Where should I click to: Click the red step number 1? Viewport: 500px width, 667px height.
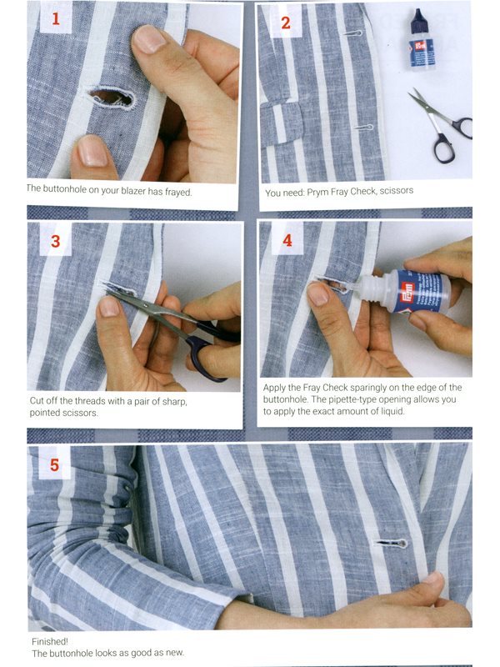[56, 19]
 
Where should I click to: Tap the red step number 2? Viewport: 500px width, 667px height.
[286, 23]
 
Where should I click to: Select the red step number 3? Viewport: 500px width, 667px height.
[56, 241]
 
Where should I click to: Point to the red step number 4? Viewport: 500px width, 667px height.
[287, 240]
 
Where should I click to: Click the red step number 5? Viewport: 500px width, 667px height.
[54, 465]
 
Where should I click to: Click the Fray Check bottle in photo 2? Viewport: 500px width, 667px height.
[421, 39]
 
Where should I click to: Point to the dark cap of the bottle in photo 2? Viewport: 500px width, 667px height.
[418, 16]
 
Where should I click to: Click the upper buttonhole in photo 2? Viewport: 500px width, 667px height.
[352, 33]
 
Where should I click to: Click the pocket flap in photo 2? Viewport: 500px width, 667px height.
[282, 124]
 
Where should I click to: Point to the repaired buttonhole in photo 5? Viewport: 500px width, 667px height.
[391, 543]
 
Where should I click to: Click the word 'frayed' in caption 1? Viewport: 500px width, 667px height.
[178, 193]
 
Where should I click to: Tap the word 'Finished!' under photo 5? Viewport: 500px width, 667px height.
[50, 641]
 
